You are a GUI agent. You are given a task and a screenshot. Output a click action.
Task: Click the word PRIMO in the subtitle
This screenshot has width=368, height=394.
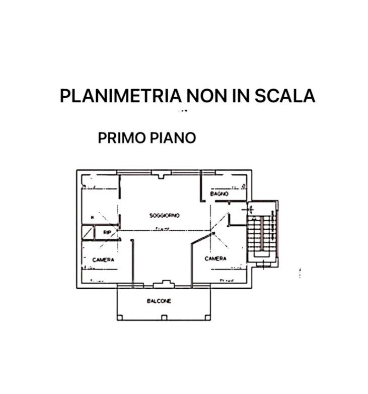click(120, 138)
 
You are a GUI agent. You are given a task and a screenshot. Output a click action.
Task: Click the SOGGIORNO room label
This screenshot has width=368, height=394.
click(165, 215)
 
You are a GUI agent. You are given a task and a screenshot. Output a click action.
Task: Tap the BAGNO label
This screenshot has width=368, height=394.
click(219, 193)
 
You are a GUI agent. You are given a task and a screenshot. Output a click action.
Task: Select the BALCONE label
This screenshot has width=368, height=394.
click(159, 301)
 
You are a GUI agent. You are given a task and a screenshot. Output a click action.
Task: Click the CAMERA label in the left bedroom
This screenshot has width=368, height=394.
click(103, 259)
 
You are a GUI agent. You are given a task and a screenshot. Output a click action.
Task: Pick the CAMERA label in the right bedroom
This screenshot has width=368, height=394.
click(215, 258)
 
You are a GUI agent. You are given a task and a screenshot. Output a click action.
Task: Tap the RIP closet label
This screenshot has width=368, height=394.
click(107, 233)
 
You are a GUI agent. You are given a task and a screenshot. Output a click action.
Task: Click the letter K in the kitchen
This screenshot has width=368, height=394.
click(92, 217)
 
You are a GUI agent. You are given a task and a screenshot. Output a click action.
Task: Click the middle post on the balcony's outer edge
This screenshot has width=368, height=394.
click(164, 317)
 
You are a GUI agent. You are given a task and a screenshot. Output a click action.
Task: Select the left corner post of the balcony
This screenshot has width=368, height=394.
click(119, 317)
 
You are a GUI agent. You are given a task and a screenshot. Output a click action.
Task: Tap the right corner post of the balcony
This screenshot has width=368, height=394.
click(206, 317)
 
